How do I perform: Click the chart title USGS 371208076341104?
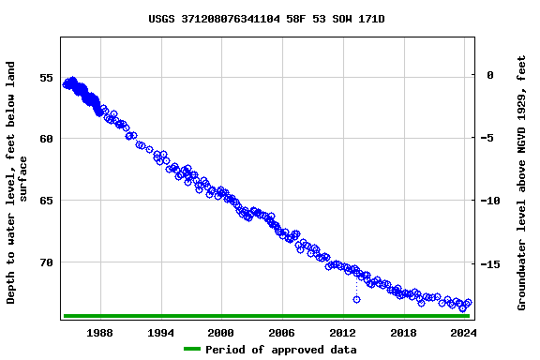(266, 19)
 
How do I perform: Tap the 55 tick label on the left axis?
(46, 78)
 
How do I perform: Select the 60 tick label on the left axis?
(46, 139)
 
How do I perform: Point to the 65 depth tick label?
(46, 201)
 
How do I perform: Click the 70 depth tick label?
(46, 262)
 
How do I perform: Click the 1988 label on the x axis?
(100, 333)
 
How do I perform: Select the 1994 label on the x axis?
(161, 333)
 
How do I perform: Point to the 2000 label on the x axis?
(221, 333)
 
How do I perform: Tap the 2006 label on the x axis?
(282, 333)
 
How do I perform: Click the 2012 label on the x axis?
(343, 333)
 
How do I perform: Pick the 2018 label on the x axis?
(403, 333)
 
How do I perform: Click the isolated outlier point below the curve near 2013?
(356, 299)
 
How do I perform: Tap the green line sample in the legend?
(191, 350)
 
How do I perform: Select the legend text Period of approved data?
(280, 350)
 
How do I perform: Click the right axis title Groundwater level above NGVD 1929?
(521, 182)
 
